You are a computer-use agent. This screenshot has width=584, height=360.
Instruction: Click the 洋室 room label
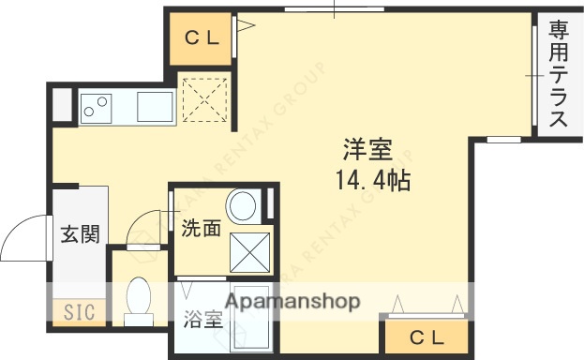pos(367,149)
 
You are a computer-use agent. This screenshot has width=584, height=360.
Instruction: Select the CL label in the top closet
pos(201,38)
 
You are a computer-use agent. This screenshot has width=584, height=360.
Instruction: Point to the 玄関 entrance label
pos(81,234)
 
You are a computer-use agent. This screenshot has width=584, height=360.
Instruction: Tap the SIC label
pos(79,312)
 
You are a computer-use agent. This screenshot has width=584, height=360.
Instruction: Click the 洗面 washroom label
pos(202,228)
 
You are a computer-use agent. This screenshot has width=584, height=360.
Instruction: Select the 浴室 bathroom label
pos(201,319)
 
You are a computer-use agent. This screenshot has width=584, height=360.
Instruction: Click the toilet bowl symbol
pos(139,299)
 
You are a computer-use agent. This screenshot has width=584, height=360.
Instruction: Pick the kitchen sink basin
pos(155,106)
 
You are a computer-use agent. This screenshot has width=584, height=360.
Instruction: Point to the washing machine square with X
pos(250,250)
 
